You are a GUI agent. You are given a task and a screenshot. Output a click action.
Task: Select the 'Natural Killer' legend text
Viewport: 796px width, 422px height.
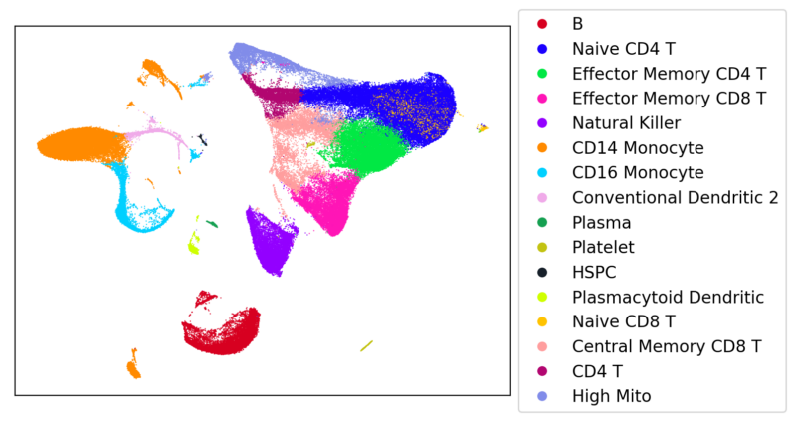pyautogui.click(x=626, y=122)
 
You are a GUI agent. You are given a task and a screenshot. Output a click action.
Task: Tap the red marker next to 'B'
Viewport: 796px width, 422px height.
pyautogui.click(x=541, y=23)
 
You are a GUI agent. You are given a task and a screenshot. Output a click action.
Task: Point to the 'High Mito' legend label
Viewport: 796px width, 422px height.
pyautogui.click(x=611, y=396)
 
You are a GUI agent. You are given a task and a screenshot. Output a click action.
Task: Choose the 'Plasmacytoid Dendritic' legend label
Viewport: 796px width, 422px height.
pyautogui.click(x=668, y=297)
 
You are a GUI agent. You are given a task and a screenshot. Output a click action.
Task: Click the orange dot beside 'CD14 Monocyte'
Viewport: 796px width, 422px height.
pyautogui.click(x=541, y=147)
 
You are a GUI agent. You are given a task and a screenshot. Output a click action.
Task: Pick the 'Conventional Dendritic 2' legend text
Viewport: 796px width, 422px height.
pyautogui.click(x=675, y=197)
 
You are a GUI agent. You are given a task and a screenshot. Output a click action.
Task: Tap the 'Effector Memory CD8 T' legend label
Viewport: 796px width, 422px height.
pyautogui.click(x=669, y=98)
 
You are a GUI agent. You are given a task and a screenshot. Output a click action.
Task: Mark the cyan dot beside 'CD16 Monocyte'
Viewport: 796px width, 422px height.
pyautogui.click(x=541, y=172)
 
